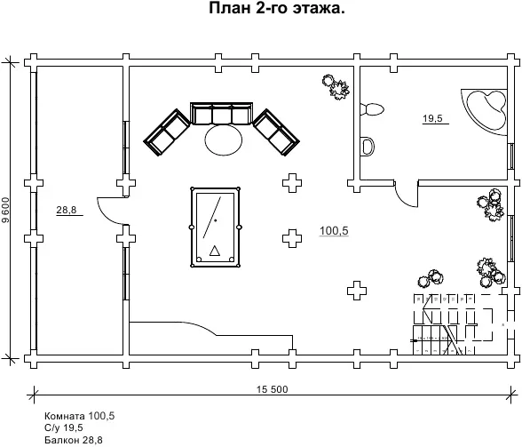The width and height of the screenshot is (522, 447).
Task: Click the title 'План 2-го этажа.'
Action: (277, 8)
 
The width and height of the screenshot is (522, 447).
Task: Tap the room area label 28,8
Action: (67, 210)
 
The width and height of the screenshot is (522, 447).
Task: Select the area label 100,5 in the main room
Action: (334, 231)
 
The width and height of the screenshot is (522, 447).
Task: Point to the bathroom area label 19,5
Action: (432, 118)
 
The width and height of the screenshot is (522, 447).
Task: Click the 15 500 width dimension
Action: (273, 389)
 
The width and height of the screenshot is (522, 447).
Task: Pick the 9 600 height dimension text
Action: (5, 210)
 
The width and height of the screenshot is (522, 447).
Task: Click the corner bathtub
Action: (485, 112)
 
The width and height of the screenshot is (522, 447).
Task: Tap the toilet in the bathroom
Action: (372, 109)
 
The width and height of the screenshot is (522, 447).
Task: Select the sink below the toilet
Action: (368, 146)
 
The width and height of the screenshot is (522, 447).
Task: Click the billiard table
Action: (215, 227)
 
